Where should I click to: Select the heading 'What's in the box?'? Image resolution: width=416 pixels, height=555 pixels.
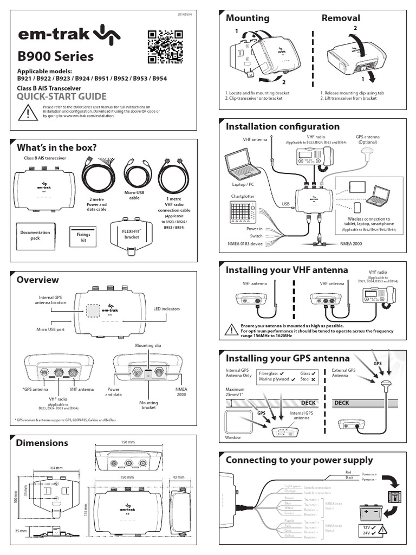click(57, 148)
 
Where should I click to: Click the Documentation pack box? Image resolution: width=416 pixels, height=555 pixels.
click(35, 235)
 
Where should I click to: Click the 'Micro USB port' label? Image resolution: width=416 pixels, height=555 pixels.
click(50, 329)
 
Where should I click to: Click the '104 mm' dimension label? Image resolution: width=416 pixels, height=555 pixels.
click(56, 467)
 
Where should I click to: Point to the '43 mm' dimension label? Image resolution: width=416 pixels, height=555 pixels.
click(178, 477)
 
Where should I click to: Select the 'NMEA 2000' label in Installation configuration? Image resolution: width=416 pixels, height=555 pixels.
click(353, 244)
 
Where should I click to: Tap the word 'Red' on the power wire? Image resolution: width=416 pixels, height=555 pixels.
click(349, 473)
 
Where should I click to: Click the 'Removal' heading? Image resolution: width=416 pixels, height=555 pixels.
click(341, 18)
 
